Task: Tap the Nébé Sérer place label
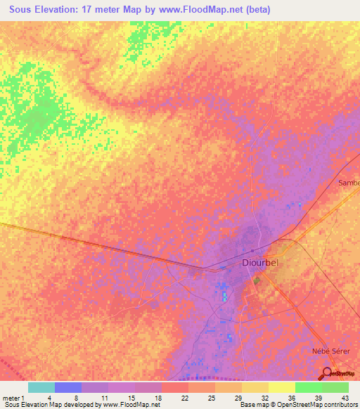[x=323, y=349]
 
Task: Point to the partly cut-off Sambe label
[x=349, y=183]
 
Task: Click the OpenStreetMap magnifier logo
[x=328, y=374]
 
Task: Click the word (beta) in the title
[x=256, y=10]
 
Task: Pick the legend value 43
[x=344, y=398]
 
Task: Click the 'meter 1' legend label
[x=13, y=398]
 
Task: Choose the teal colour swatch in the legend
[x=41, y=387]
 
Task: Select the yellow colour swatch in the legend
[x=281, y=387]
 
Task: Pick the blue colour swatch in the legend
[x=67, y=387]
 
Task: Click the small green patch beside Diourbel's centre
[x=256, y=280]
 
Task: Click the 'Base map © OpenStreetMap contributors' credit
[x=297, y=405]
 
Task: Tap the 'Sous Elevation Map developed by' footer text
[x=51, y=405]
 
